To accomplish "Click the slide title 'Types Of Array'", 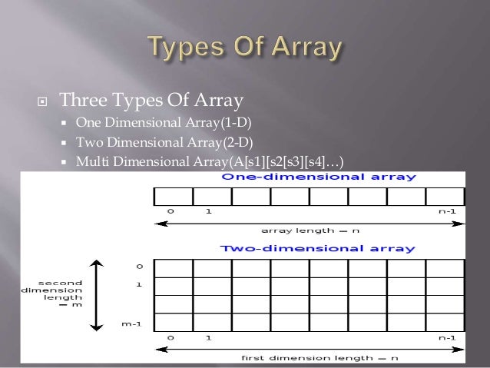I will click(x=244, y=49).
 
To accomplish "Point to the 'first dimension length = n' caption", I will click(x=310, y=358).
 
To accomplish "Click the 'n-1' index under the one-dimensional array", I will click(x=445, y=210).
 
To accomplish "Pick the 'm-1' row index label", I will click(x=131, y=323).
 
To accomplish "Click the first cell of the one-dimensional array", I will click(x=173, y=197).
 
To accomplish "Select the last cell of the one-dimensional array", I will click(x=445, y=197).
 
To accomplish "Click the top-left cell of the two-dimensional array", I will click(x=173, y=267).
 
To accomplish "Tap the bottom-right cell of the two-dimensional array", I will click(x=445, y=322).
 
